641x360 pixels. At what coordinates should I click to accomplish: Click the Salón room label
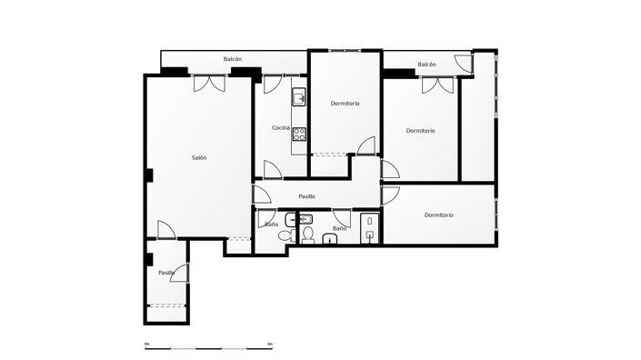point(199,158)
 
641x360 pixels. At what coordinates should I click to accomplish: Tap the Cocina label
point(281,128)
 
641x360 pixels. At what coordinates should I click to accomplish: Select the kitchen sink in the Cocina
point(298,97)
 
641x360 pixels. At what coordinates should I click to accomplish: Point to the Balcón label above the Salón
point(233,59)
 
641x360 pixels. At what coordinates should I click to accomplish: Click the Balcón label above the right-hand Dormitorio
point(426,65)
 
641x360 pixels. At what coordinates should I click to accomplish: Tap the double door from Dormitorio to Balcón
point(435,85)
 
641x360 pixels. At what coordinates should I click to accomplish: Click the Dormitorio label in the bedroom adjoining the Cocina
point(345,104)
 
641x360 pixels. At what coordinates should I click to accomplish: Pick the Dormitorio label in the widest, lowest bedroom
point(438,215)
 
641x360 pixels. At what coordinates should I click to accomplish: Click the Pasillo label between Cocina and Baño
point(306,195)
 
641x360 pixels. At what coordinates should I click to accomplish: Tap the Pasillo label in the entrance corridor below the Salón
point(166,273)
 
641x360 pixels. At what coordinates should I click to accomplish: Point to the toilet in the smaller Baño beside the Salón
point(285,235)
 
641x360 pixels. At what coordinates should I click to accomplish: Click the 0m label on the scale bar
point(146,342)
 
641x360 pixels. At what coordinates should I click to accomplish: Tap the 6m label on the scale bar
point(270,342)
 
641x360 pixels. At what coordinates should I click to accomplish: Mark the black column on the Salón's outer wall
point(147,176)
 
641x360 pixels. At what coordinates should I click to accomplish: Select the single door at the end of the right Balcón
point(466,64)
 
